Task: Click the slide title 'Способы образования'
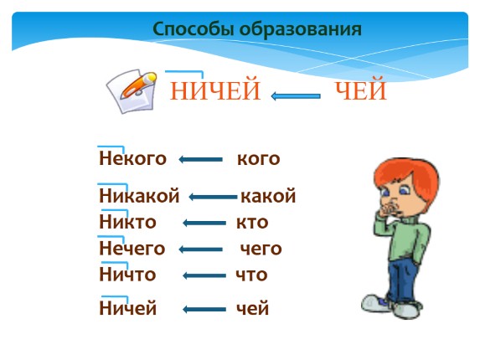pos(257,29)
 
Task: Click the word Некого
pos(132,159)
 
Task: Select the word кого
pos(258,159)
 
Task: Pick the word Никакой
pos(139,197)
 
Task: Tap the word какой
pos(268,197)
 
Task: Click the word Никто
pos(127,223)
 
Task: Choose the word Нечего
pos(132,249)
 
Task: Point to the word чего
pos(261,249)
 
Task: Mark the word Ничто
pos(127,275)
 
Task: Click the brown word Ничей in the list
pos(128,309)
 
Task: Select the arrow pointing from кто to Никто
pos(204,224)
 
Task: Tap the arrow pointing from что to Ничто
pos(204,275)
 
